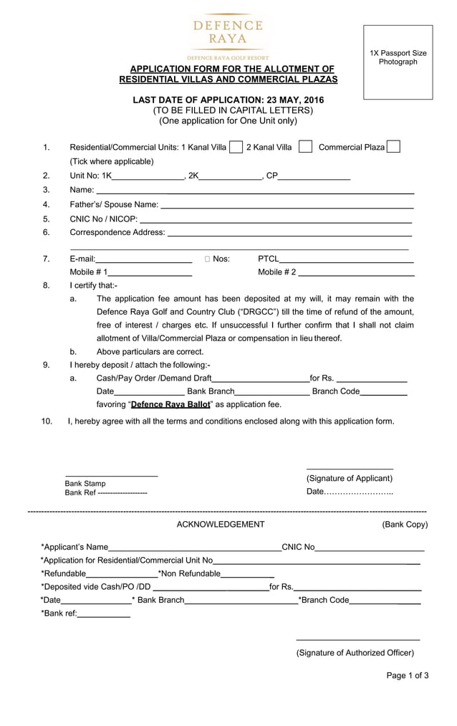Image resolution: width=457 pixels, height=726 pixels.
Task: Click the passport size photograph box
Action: coord(398,62)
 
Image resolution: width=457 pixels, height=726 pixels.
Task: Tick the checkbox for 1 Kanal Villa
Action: coord(236,147)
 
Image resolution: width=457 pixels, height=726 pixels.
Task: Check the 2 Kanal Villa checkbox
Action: coord(305,147)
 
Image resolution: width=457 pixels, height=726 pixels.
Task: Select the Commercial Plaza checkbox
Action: coord(393,147)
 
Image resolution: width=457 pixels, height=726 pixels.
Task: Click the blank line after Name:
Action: coord(254,191)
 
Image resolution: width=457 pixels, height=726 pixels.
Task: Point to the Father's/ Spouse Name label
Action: coord(114,205)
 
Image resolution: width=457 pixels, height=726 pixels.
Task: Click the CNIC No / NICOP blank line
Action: coord(275,220)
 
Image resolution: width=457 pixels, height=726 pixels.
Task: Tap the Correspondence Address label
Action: coord(117,232)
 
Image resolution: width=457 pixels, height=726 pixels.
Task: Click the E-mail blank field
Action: coord(143,260)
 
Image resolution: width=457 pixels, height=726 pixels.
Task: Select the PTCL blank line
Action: coord(347,260)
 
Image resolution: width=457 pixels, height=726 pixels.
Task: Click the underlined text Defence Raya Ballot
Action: coord(170,404)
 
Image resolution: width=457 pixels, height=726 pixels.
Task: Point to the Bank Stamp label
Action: coord(85,484)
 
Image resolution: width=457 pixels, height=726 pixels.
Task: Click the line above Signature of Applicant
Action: coord(350,469)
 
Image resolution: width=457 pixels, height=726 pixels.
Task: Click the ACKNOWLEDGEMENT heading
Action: coord(221,525)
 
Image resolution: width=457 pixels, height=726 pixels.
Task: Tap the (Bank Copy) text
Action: coord(405,525)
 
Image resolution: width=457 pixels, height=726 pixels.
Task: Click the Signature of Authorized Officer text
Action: coord(355,653)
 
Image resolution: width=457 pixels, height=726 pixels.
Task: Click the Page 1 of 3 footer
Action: coord(407,675)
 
